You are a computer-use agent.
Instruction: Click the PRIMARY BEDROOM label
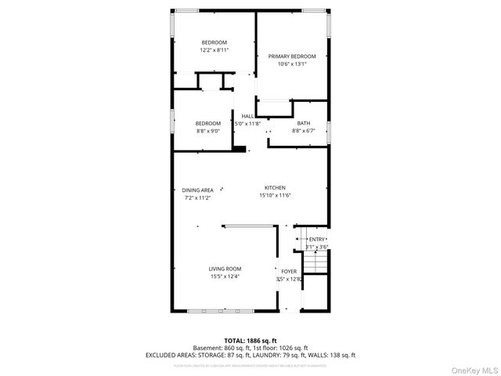[x=292, y=56]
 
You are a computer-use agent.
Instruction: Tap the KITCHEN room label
[x=274, y=188]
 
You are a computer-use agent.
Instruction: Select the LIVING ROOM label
[x=225, y=269]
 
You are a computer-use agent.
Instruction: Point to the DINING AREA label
[x=197, y=190]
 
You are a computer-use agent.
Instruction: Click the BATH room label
[x=303, y=123]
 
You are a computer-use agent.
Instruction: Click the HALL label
[x=247, y=116]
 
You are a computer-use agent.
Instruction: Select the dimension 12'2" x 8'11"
[x=214, y=50]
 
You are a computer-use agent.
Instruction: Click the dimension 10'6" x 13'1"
[x=292, y=64]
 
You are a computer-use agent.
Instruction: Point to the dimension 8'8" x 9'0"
[x=208, y=131]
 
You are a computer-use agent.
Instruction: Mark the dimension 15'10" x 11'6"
[x=274, y=196]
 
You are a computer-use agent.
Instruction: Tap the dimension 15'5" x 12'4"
[x=225, y=277]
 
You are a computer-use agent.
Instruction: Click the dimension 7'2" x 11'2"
[x=197, y=198]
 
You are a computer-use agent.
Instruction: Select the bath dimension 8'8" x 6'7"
[x=303, y=131]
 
